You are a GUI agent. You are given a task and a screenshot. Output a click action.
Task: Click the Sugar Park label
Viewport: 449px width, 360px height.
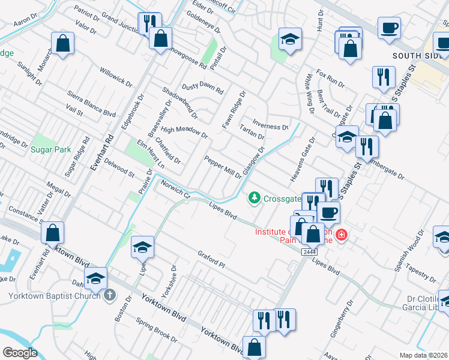[52, 149]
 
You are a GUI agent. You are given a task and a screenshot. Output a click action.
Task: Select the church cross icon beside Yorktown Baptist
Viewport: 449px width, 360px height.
[109, 295]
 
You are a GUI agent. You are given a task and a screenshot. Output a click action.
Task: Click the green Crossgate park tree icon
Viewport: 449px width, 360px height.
[255, 197]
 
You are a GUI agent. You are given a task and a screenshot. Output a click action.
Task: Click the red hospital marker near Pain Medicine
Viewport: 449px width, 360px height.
[342, 235]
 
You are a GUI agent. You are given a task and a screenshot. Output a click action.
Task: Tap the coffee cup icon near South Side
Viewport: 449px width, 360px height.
[389, 28]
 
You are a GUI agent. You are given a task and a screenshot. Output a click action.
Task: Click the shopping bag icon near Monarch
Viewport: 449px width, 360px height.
[62, 43]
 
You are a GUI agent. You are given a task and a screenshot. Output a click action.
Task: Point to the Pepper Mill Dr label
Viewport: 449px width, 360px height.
[222, 167]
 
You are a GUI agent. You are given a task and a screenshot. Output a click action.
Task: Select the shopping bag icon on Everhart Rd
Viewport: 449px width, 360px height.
[53, 232]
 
